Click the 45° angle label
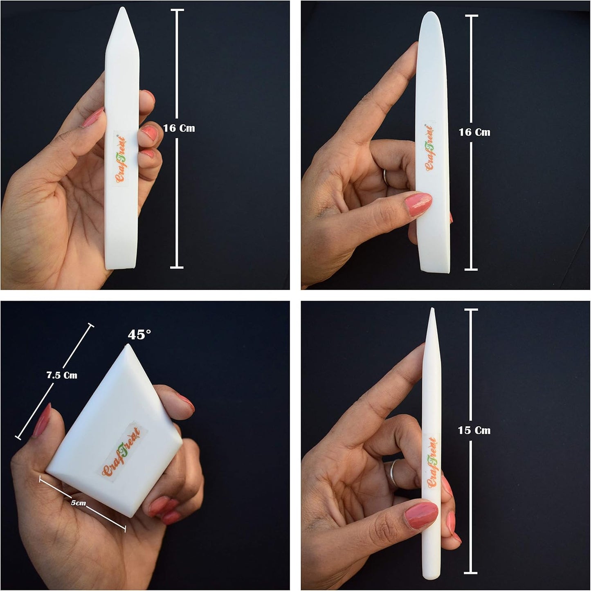click(139, 335)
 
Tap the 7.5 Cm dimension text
click(62, 375)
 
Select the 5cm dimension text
click(79, 503)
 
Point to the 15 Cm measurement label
click(474, 430)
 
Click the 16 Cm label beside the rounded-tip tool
click(474, 132)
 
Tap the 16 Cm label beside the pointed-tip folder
click(179, 128)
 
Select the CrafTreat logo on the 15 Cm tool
click(432, 463)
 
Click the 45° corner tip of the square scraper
click(127, 345)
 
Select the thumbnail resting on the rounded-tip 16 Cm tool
click(418, 204)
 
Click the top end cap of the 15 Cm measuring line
click(471, 310)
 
